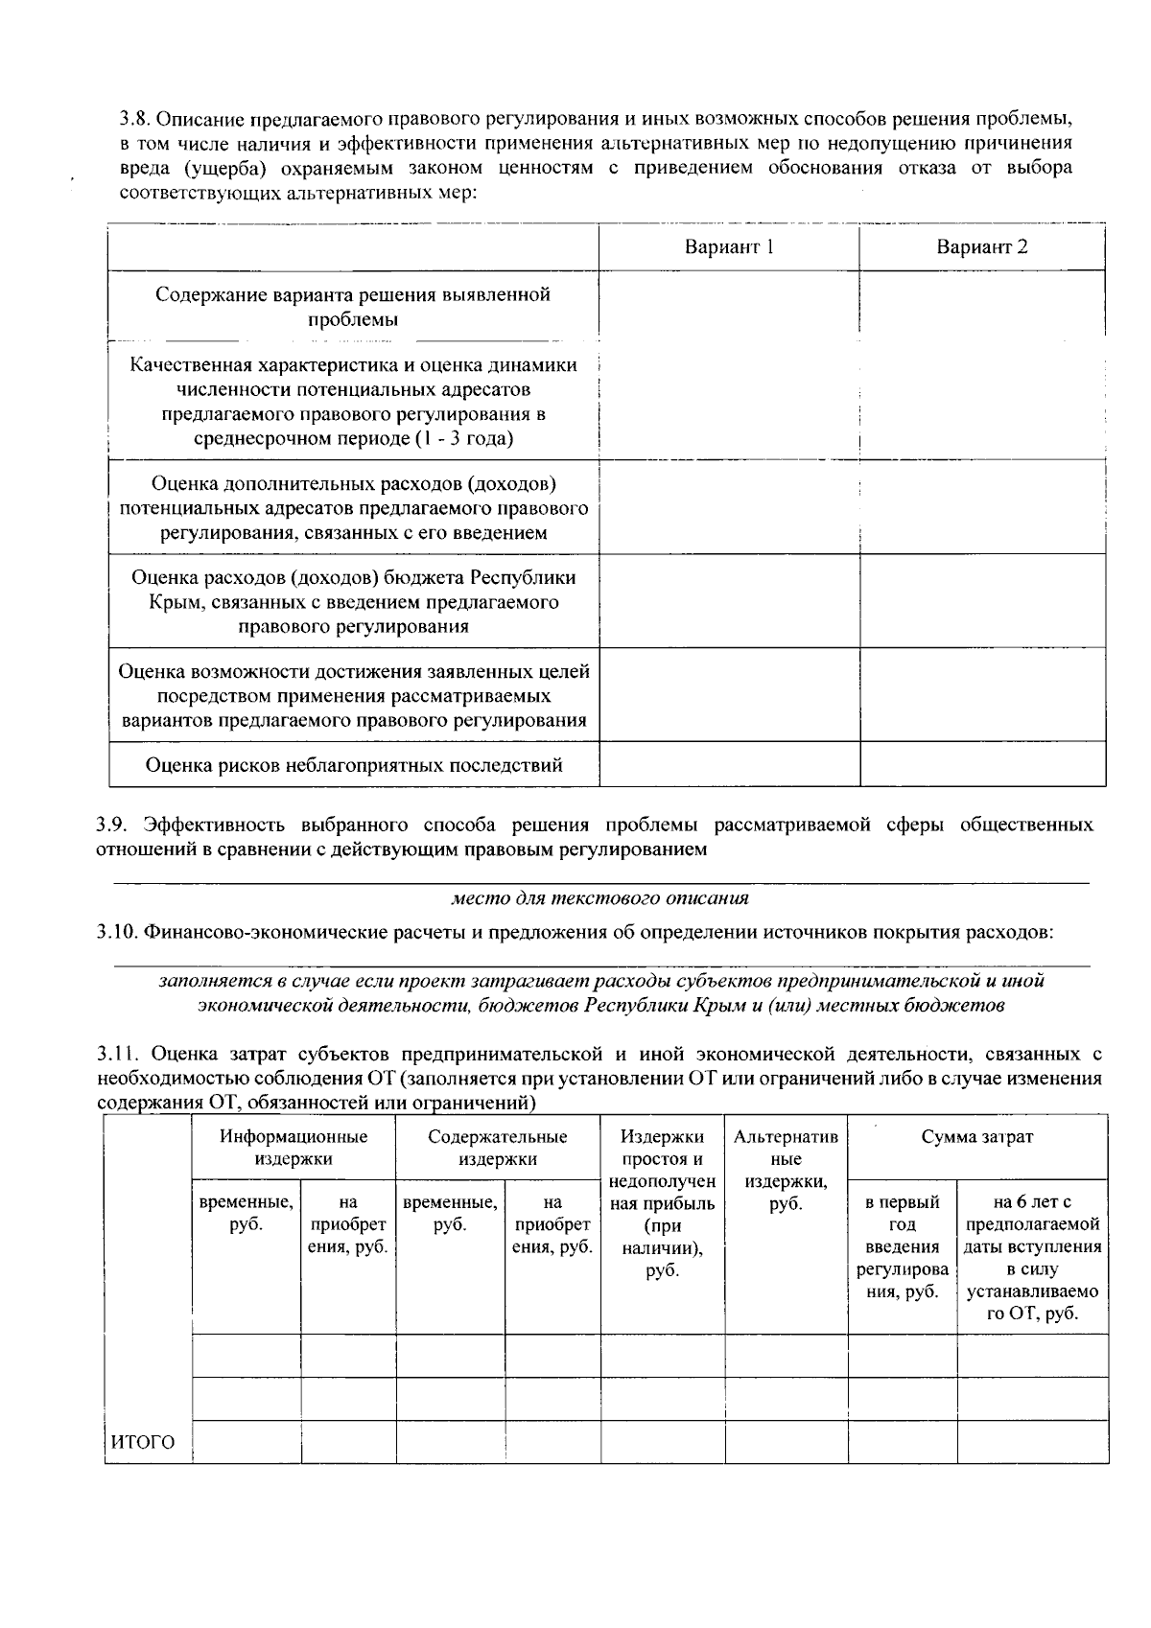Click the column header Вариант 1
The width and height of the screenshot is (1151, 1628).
728,247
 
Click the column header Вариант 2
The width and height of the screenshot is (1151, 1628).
981,247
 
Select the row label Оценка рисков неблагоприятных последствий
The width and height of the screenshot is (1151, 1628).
353,764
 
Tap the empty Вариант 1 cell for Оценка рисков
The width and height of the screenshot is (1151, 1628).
728,764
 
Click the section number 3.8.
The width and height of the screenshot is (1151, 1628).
134,120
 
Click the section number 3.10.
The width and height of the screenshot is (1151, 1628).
116,932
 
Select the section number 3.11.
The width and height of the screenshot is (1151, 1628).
117,1055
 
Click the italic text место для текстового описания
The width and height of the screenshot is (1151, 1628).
599,898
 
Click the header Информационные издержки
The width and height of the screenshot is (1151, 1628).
294,1148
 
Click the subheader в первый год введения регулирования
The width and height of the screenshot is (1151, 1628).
902,1246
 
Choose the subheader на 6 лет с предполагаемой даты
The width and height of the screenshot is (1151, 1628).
1032,1257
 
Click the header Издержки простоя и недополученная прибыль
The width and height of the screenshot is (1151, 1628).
662,1203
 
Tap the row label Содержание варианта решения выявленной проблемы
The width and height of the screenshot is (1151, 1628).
353,307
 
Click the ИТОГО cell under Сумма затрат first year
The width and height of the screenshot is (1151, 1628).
902,1442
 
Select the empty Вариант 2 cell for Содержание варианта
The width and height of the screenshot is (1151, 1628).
981,305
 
